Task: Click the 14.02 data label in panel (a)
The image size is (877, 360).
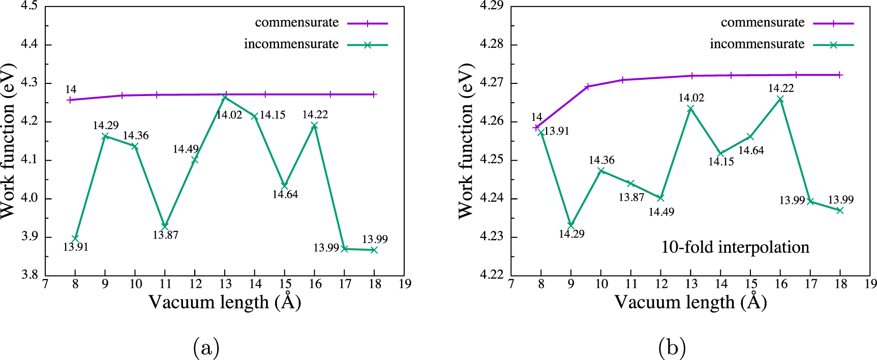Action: point(229,115)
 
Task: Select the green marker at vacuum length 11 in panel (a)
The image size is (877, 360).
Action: point(165,226)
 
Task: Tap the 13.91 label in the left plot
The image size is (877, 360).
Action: point(75,247)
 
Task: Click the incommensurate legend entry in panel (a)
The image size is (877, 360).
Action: point(291,44)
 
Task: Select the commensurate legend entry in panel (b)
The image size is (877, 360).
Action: point(763,23)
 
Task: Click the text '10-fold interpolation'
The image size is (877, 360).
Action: point(735,247)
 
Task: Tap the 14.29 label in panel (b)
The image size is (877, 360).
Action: point(571,234)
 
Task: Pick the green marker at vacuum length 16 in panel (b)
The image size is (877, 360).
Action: point(780,99)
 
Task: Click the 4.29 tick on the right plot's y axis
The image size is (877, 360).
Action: point(491,6)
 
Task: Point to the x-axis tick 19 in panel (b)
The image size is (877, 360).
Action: point(870,284)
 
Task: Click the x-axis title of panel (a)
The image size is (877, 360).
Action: point(225,302)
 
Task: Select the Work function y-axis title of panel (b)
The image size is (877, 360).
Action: point(466,141)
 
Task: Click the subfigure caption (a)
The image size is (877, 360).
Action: point(206,348)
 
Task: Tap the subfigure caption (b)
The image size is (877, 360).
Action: point(672,348)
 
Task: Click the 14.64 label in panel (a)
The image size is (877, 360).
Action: point(285,194)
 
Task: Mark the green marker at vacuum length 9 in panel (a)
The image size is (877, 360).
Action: point(105,136)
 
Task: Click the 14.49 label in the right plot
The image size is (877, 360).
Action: point(661,212)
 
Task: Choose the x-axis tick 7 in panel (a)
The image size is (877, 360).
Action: point(45,284)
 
